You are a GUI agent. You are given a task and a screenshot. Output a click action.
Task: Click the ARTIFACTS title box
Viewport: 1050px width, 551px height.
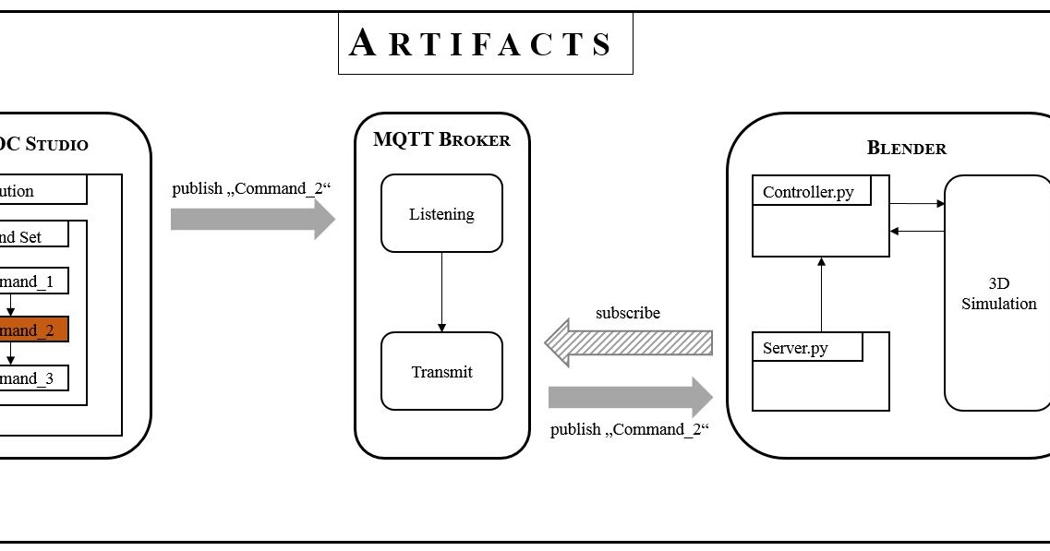485,42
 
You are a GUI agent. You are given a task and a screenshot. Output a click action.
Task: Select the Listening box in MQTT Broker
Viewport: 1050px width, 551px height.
441,214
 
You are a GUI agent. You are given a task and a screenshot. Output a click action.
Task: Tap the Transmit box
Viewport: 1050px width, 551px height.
441,372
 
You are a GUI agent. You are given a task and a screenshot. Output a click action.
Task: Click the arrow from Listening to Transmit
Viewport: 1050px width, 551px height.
441,292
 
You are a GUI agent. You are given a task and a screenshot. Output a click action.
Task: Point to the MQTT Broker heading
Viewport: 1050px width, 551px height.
441,140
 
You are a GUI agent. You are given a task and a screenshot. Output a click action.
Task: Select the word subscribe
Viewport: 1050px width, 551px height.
628,313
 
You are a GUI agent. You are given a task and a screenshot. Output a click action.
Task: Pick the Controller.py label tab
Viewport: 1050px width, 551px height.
808,193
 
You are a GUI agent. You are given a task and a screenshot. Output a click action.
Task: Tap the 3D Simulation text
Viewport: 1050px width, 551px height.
998,294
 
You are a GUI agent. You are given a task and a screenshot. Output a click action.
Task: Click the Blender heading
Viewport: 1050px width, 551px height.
906,148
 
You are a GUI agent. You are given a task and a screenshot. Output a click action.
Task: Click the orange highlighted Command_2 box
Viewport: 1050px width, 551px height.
33,329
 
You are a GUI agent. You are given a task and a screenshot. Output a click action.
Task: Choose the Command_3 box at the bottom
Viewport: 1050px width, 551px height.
33,378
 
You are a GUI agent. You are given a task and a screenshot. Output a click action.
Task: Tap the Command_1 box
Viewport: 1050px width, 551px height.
33,281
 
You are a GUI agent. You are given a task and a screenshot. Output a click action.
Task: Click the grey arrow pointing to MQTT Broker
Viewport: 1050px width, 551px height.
252,219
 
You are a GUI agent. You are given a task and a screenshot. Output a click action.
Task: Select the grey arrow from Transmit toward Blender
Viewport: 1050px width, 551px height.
630,397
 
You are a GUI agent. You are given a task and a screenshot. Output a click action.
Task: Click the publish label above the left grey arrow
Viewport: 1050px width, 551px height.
251,188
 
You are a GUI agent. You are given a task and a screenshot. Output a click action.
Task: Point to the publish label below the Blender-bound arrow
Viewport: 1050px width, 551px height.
630,429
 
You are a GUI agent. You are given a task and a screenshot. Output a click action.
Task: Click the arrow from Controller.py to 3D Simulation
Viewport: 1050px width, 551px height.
917,203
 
